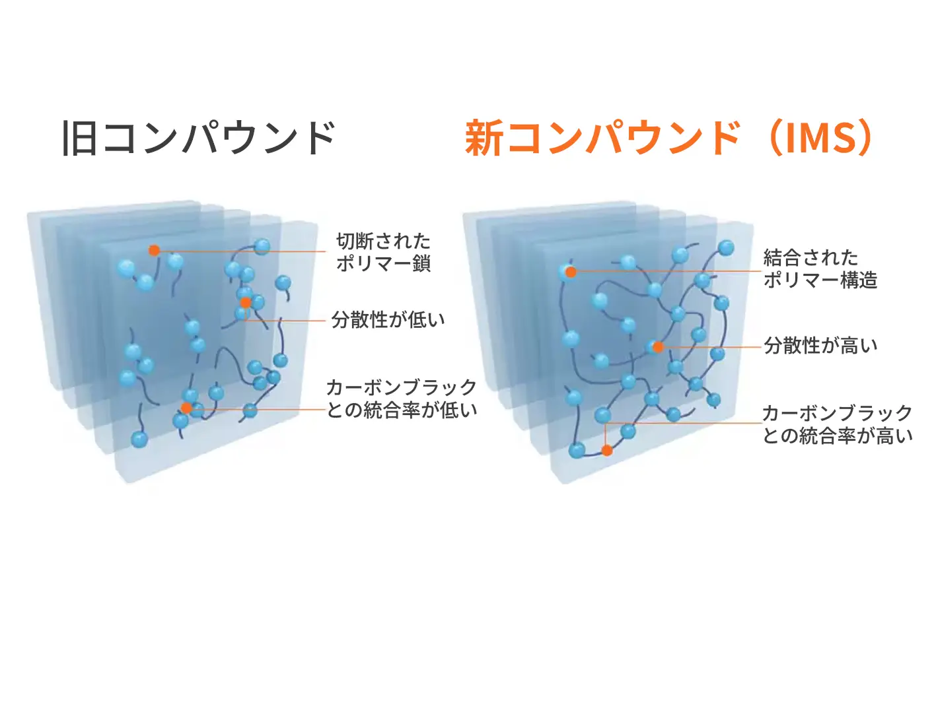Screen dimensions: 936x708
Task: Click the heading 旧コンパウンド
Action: (x=198, y=137)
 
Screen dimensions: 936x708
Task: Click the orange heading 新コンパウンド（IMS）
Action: (x=668, y=138)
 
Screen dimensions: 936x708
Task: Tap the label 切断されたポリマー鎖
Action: (x=383, y=252)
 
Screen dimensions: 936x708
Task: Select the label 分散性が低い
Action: (x=388, y=319)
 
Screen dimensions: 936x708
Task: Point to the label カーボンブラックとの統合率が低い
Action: (x=402, y=399)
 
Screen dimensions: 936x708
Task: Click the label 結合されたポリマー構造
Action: (x=820, y=269)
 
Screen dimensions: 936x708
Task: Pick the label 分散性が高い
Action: (x=820, y=346)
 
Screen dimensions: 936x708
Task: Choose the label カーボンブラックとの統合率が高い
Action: (x=838, y=424)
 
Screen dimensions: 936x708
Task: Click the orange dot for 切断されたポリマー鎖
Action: (x=155, y=251)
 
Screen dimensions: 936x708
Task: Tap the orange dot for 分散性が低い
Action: (x=246, y=303)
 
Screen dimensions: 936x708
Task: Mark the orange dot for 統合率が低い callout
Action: (x=186, y=408)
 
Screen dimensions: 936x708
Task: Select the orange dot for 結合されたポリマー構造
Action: (x=571, y=272)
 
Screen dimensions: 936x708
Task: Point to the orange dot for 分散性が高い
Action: (x=658, y=347)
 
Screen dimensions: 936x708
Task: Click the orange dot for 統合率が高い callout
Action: (x=607, y=450)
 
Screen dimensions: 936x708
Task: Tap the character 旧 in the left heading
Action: (x=79, y=138)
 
